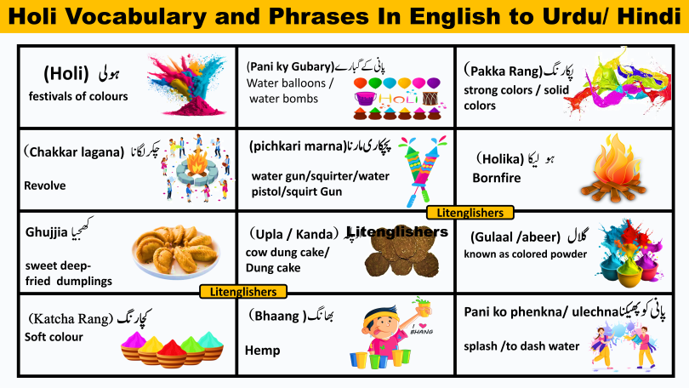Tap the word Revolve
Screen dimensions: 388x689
tap(45, 185)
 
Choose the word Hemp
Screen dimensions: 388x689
tap(262, 350)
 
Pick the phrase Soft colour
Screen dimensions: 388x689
tap(54, 336)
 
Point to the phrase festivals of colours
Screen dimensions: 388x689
tap(78, 96)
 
